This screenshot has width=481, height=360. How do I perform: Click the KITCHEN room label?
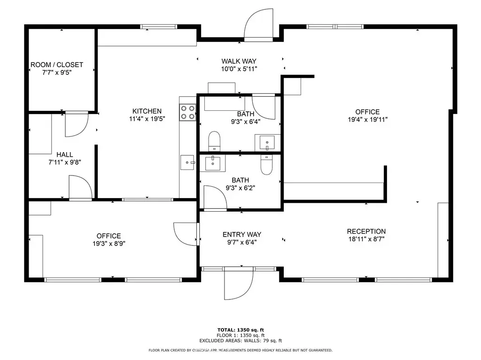point(147,111)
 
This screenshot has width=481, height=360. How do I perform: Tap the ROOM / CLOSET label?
point(57,65)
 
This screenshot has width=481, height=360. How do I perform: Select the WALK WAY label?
point(239,61)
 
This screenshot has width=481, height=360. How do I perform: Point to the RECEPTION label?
point(366,231)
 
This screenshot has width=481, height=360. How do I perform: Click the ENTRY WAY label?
point(242,235)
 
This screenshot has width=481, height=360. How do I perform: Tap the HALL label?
point(65,154)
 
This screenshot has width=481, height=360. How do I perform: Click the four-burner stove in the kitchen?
point(188,112)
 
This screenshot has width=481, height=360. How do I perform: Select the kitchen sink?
point(187,162)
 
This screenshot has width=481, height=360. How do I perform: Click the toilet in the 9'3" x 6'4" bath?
point(214,141)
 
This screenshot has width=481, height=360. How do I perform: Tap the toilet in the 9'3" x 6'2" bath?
point(267,165)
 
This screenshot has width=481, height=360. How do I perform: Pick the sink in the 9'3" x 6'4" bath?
point(267,143)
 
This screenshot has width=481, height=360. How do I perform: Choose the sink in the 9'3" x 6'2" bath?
point(213,162)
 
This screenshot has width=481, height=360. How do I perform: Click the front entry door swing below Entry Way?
point(239,283)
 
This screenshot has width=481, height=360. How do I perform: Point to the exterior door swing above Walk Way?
point(258,24)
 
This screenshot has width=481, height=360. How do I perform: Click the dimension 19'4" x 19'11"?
point(367,120)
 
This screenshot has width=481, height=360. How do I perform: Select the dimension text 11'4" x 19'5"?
point(147,119)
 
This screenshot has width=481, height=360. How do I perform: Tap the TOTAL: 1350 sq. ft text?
point(240,330)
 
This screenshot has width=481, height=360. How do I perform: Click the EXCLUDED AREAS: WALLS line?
point(240,340)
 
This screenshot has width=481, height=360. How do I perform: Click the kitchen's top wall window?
point(159,27)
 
